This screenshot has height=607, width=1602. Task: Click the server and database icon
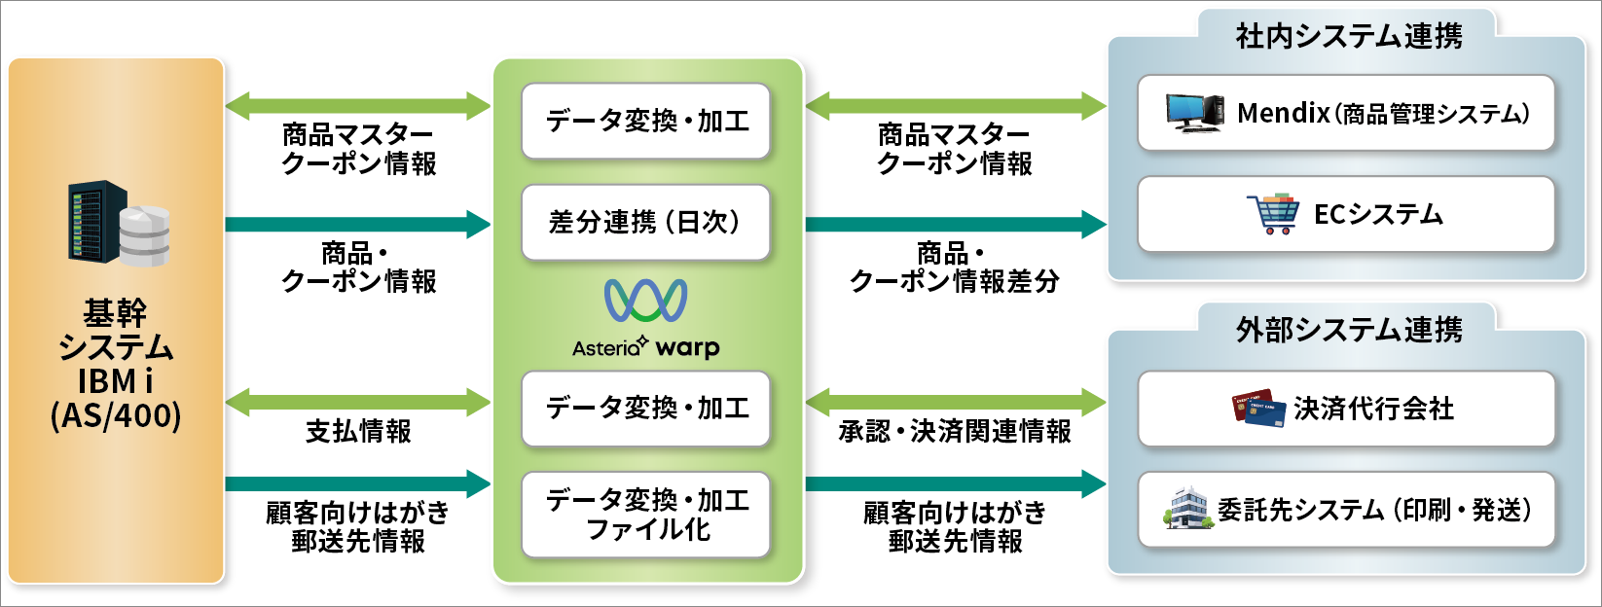(119, 224)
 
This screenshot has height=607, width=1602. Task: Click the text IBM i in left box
(115, 381)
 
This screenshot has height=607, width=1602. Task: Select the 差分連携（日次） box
(645, 222)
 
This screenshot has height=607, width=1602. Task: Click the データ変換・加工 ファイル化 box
(645, 515)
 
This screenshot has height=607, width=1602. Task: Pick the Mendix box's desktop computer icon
(1194, 113)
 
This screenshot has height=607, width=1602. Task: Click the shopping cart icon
(1273, 214)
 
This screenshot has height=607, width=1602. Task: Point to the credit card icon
(1258, 410)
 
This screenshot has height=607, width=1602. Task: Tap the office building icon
(1187, 509)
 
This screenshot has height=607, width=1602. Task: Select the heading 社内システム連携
(1349, 37)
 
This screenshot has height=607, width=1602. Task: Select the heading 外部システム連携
(1349, 331)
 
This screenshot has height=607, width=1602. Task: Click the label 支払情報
(358, 431)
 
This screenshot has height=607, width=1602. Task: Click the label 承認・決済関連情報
(955, 431)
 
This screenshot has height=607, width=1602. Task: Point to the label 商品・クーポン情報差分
(955, 268)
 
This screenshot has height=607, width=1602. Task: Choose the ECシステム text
(1378, 214)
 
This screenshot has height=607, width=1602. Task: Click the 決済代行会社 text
(1373, 410)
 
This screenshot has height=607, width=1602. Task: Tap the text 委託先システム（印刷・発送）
(1374, 510)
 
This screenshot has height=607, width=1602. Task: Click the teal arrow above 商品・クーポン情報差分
(955, 224)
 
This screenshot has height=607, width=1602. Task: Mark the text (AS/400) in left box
(115, 415)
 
